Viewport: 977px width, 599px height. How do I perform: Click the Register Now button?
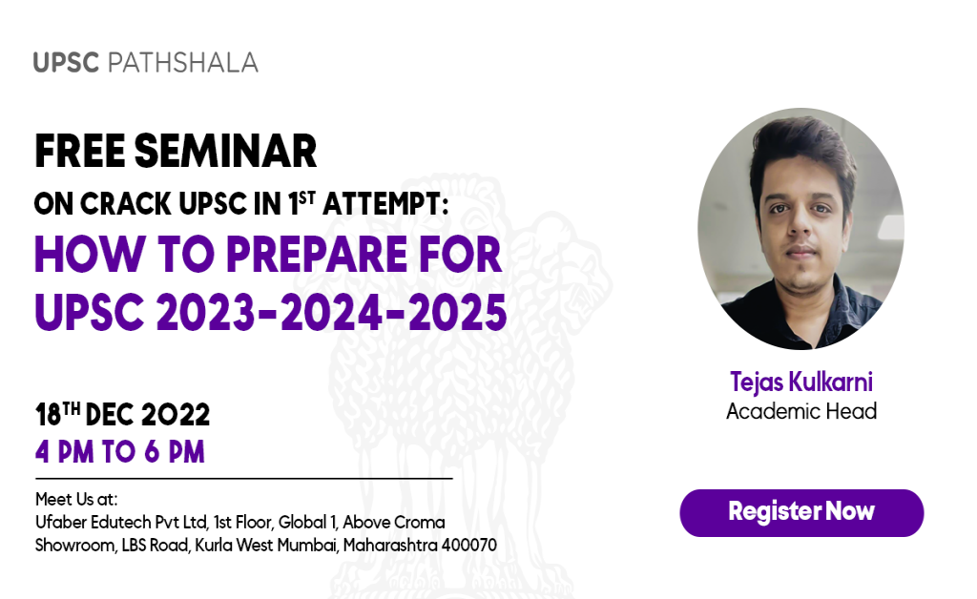click(x=801, y=512)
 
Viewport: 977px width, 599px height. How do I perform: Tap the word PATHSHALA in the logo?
click(x=183, y=63)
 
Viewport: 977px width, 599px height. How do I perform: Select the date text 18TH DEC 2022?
click(x=122, y=415)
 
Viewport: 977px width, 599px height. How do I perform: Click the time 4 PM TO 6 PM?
click(x=120, y=451)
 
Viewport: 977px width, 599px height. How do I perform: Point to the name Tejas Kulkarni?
click(x=800, y=382)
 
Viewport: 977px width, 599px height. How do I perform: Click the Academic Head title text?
click(x=800, y=412)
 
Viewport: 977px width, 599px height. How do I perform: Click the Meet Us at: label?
click(x=75, y=499)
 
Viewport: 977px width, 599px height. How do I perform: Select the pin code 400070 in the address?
click(x=468, y=546)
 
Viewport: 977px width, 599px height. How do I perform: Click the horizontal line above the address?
click(x=243, y=478)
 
